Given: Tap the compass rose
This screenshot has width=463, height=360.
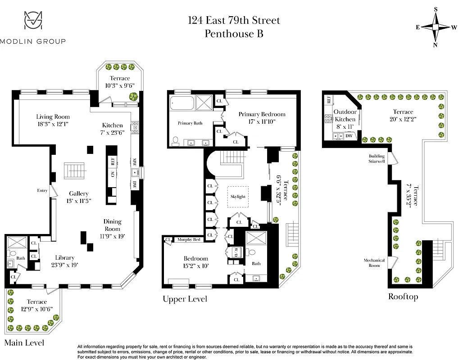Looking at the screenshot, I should pos(436,27).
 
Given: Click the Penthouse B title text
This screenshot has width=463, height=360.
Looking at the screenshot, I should pos(234,33).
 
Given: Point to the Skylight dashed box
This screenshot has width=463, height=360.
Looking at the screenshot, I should pos(238,197).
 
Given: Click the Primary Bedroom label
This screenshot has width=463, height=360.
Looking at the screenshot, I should pos(262,114).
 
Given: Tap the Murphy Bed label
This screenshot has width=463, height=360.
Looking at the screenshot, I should pos(189,240).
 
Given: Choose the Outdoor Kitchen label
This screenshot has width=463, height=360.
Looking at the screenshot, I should pos(345,115).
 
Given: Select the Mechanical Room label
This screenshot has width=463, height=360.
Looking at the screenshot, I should pos(374,263).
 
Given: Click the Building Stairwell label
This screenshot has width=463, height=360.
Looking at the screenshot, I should pos(377,158).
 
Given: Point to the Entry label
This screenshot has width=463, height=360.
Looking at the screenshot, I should pos(42,190).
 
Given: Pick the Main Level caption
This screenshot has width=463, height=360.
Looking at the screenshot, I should pos(24,343).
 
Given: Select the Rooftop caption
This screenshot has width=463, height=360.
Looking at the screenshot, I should pos(403,297).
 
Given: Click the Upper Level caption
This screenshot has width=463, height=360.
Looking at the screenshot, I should pos(185,299).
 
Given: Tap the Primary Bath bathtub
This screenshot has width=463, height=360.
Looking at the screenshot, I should pos(182,104).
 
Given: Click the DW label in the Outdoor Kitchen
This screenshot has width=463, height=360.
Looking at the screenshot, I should pos(349,136).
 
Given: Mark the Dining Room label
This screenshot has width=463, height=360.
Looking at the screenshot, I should pos(112,225).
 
